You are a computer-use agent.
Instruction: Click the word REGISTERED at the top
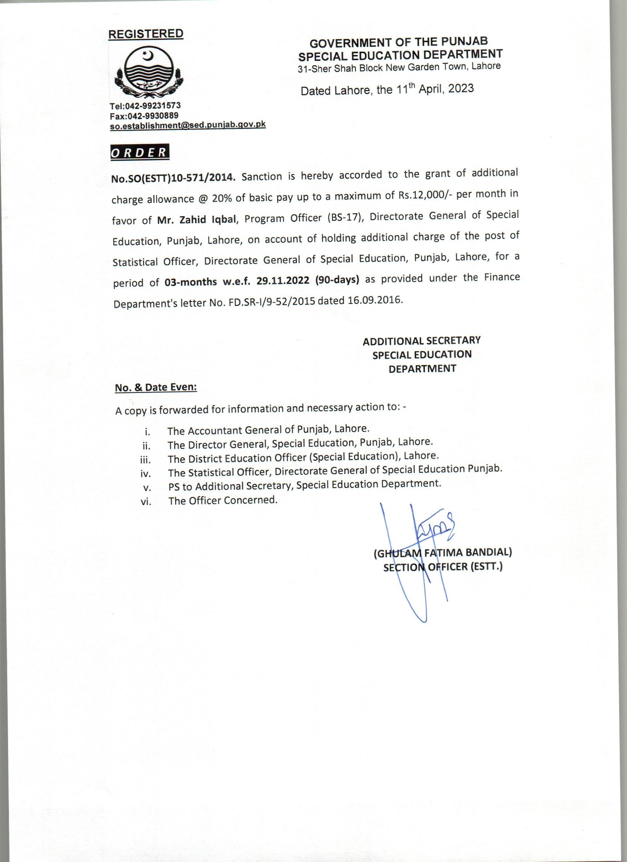pyautogui.click(x=146, y=34)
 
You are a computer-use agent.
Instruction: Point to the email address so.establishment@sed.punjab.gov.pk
pyautogui.click(x=188, y=125)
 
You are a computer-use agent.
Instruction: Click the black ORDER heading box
pyautogui.click(x=139, y=152)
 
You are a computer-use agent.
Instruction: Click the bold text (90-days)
pyautogui.click(x=337, y=280)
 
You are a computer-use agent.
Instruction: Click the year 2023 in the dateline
pyautogui.click(x=461, y=89)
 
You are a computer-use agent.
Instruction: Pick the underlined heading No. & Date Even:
pyautogui.click(x=156, y=388)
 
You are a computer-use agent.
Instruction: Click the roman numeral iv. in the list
pyautogui.click(x=146, y=474)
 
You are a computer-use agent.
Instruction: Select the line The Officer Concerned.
pyautogui.click(x=223, y=501)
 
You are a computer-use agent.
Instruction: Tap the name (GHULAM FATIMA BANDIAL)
pyautogui.click(x=443, y=553)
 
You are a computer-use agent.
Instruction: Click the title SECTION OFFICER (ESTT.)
pyautogui.click(x=443, y=567)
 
